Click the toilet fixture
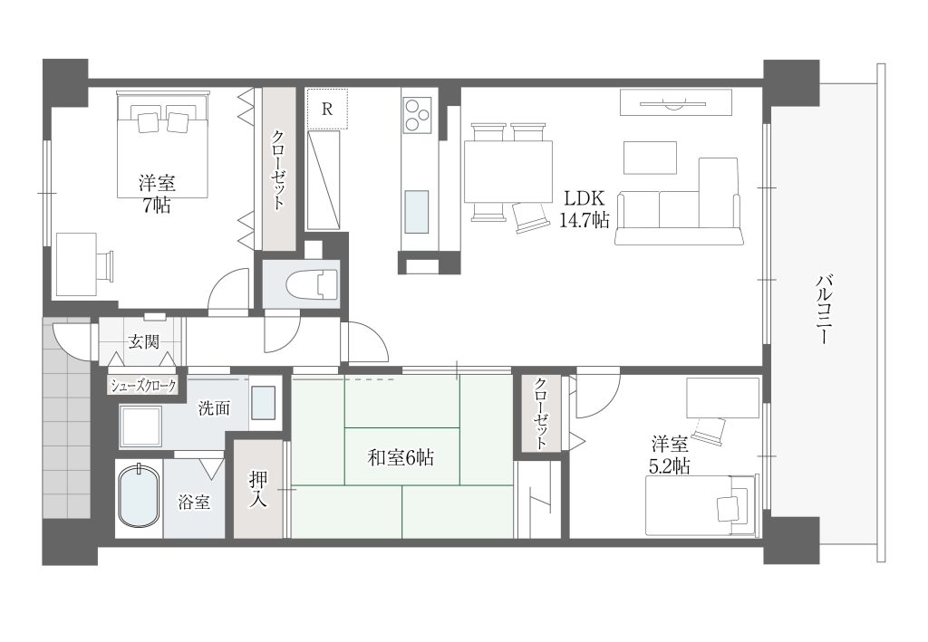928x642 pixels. pos(312,284)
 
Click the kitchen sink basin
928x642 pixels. pos(417,212)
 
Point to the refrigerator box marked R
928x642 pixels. pos(327,109)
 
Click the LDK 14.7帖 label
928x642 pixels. pos(585,208)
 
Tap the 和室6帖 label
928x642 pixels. pos(401,457)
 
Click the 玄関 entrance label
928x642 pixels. pos(144,341)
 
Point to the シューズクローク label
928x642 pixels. pos(144,386)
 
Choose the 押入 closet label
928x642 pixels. pos(258,488)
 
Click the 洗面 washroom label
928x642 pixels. pos(214,407)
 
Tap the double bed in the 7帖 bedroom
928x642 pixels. pos(163,144)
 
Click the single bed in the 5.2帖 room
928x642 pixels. pos(701,506)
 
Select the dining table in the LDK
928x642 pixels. pos(508,171)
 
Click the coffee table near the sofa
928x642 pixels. pos(650,158)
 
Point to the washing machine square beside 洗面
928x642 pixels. pos(140,426)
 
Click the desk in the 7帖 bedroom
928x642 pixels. pos(76,264)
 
